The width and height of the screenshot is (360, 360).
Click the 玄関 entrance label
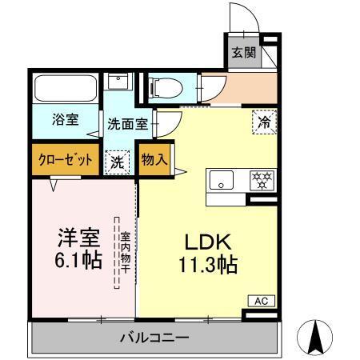(243, 54)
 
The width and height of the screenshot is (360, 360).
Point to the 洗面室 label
(127, 124)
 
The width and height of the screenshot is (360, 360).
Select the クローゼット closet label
(66, 158)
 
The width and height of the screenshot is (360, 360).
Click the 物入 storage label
(154, 158)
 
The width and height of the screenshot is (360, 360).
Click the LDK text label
(209, 241)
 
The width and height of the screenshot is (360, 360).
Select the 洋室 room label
(78, 238)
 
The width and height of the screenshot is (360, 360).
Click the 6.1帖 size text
(78, 261)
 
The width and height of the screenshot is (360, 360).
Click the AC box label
(260, 300)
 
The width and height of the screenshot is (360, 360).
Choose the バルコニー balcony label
(154, 338)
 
